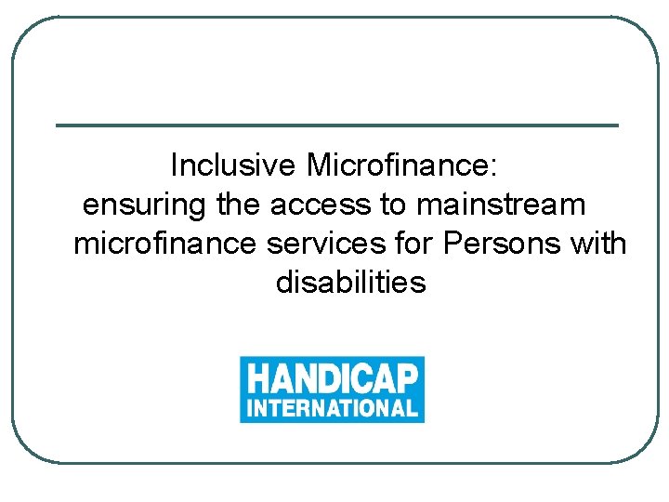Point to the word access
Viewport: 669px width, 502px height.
pyautogui.click(x=321, y=204)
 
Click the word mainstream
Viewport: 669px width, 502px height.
pyautogui.click(x=502, y=204)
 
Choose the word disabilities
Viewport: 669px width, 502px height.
pyautogui.click(x=350, y=282)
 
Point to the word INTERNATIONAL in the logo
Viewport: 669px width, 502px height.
pyautogui.click(x=332, y=407)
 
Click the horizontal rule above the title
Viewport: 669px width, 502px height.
pyautogui.click(x=336, y=125)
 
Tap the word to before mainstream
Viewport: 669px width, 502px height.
pyautogui.click(x=394, y=204)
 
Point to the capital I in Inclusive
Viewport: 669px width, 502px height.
pyautogui.click(x=175, y=165)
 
